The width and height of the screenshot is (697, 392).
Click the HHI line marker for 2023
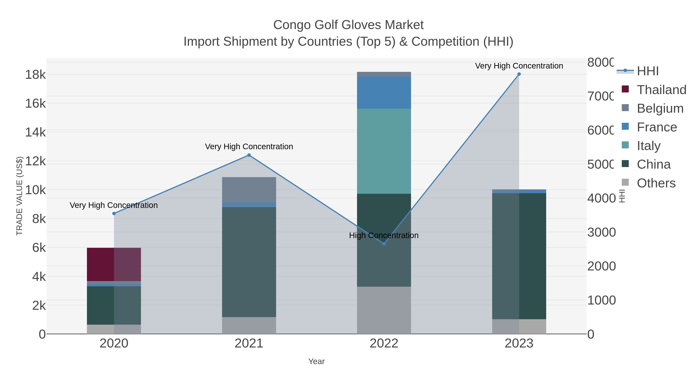click(x=519, y=74)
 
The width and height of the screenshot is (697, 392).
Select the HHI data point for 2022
click(x=384, y=244)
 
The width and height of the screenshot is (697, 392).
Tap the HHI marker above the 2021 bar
click(x=249, y=155)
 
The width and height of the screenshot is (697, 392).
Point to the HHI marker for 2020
click(x=114, y=214)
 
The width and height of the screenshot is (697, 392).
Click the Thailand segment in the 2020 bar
click(x=114, y=264)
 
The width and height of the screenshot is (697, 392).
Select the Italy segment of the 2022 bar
click(x=384, y=151)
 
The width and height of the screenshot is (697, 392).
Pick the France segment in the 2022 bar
click(x=384, y=93)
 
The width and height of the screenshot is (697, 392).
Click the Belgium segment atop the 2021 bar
click(x=249, y=190)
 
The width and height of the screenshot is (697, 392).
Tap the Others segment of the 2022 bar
click(x=384, y=310)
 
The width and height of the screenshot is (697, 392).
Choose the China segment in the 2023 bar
click(x=519, y=256)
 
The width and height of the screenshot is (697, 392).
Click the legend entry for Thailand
click(x=661, y=90)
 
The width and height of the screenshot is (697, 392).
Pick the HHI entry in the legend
click(x=647, y=71)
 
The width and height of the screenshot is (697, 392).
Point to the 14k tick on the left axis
click(x=35, y=132)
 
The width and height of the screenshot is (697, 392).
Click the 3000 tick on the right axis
click(x=601, y=232)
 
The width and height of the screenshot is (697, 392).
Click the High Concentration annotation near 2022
click(x=384, y=235)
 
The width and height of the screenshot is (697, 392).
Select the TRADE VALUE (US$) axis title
click(x=20, y=196)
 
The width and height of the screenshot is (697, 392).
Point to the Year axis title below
click(x=316, y=361)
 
